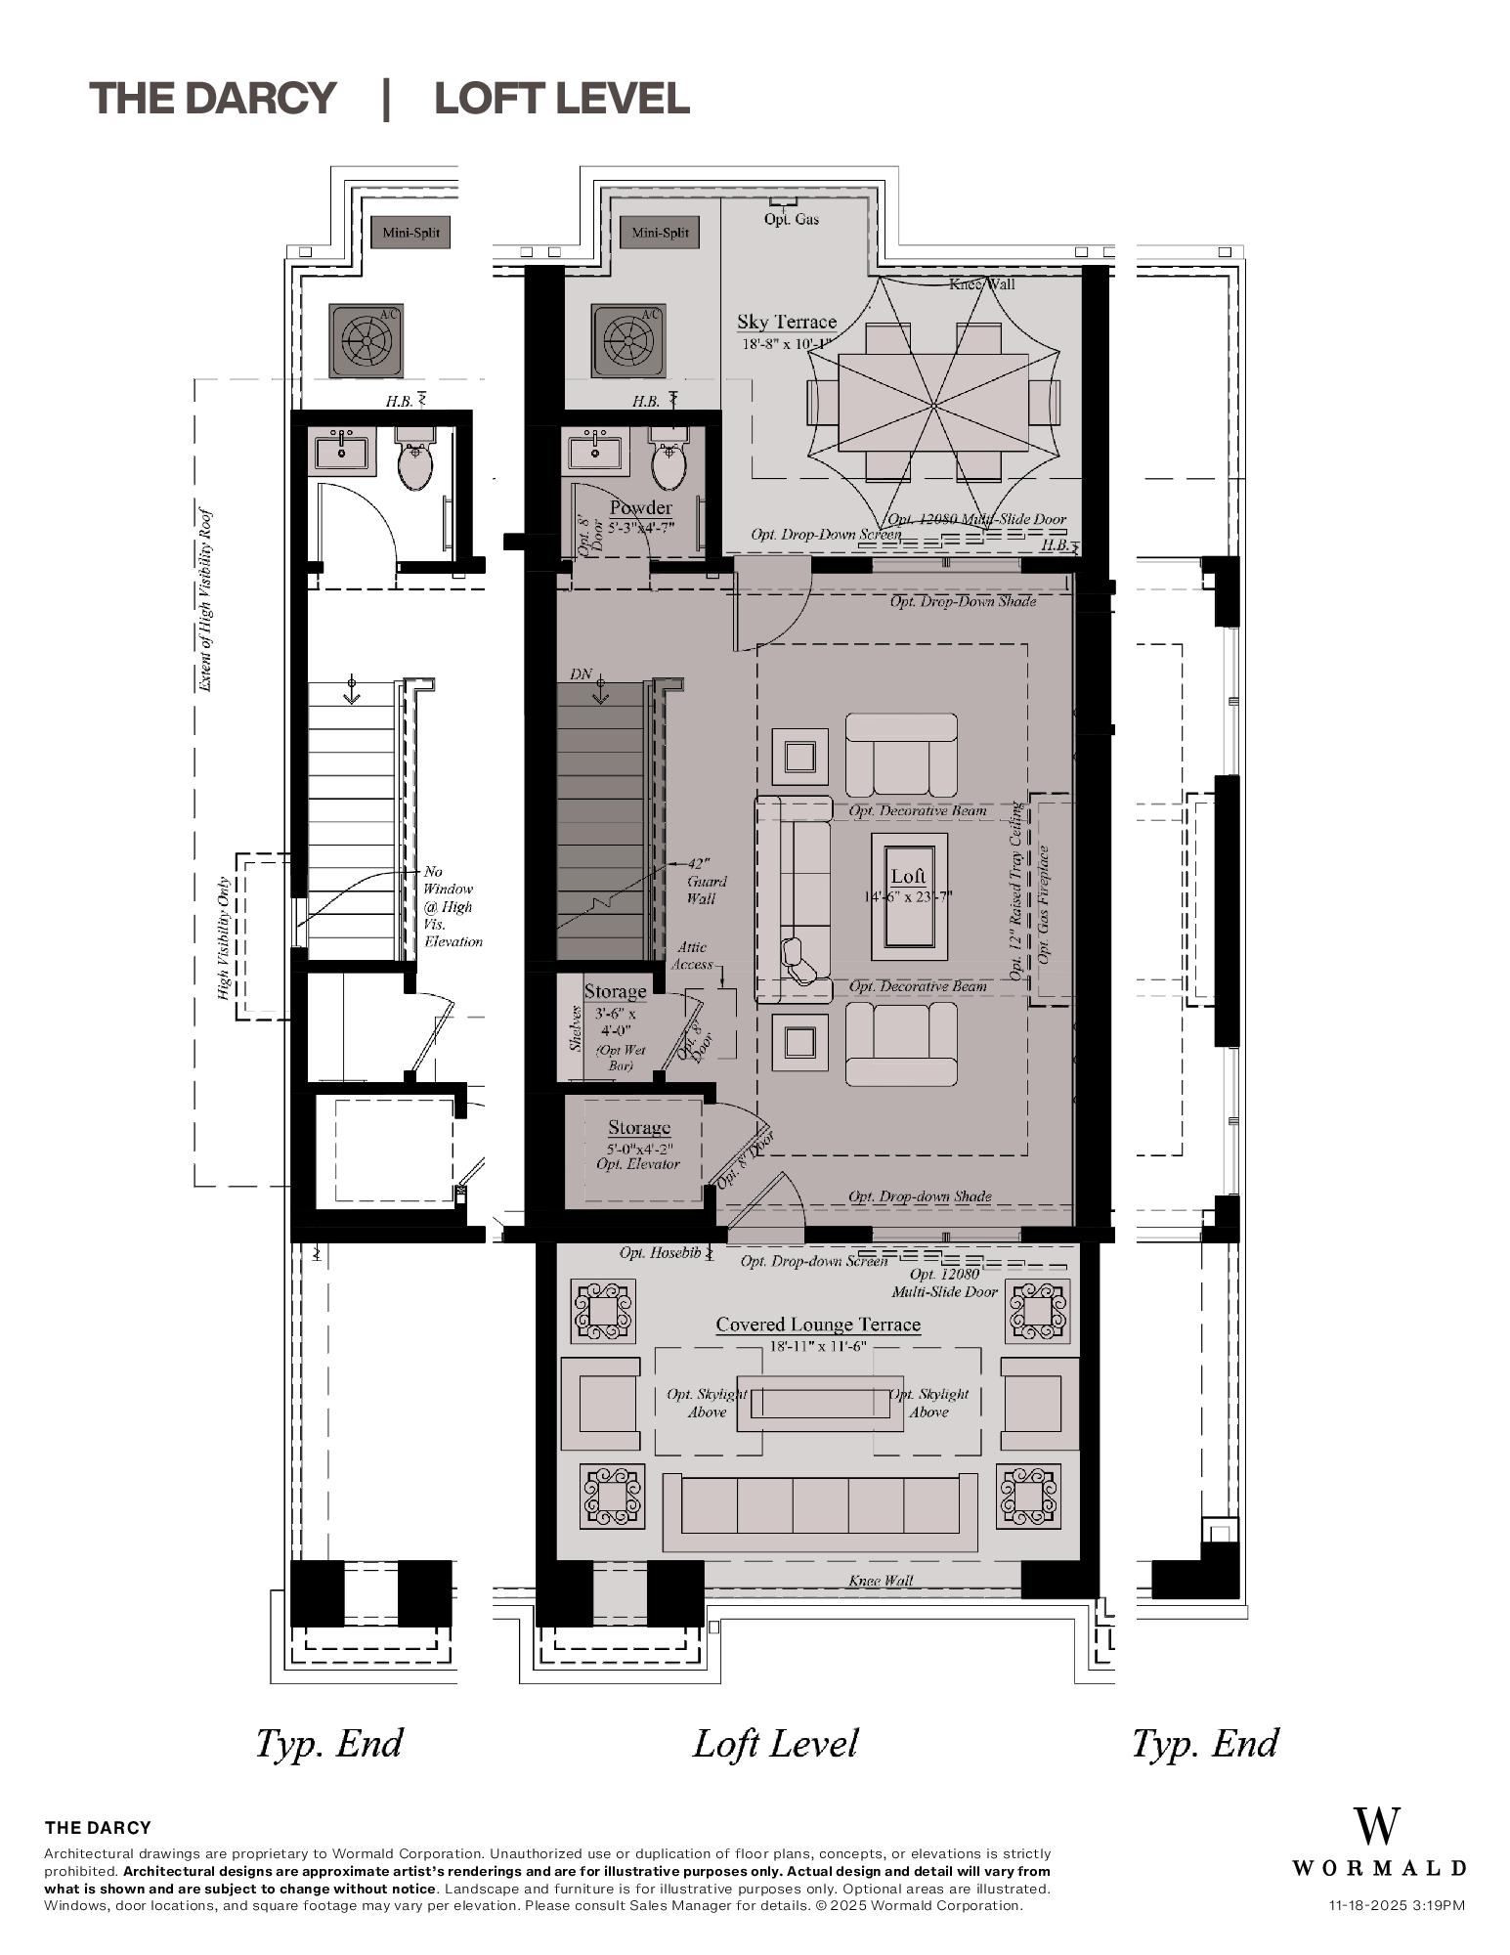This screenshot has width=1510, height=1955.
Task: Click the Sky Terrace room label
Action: coord(786,322)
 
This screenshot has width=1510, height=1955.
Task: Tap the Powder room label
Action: coord(640,507)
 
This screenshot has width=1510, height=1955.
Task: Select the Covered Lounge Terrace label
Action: coord(818,1325)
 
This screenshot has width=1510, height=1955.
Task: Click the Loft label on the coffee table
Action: coord(908,876)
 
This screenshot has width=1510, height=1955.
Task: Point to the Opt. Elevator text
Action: coord(638,1163)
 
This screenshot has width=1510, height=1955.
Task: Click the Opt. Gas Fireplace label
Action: coord(1044,904)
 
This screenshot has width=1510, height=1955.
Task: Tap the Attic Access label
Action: coord(692,955)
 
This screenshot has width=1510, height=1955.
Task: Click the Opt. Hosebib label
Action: coord(660,1252)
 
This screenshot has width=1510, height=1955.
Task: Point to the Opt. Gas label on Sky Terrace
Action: coord(792,219)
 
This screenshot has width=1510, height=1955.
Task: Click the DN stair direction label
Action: coord(582,674)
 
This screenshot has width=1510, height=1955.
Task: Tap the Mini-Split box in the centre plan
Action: coord(661,233)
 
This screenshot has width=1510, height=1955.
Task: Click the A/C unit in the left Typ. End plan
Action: coord(366,340)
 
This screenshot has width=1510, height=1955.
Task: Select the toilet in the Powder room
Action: coord(669,463)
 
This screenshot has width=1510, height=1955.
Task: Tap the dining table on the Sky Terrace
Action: coord(933,402)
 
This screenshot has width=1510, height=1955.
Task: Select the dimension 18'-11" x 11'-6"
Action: coord(818,1346)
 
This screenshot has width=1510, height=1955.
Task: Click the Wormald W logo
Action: coord(1376,1825)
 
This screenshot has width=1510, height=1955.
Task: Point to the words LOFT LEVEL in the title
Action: coord(562,99)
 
